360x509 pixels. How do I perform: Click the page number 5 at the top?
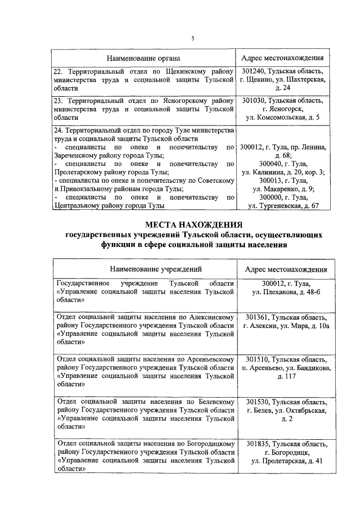[192, 38]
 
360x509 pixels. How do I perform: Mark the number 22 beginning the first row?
[57, 72]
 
